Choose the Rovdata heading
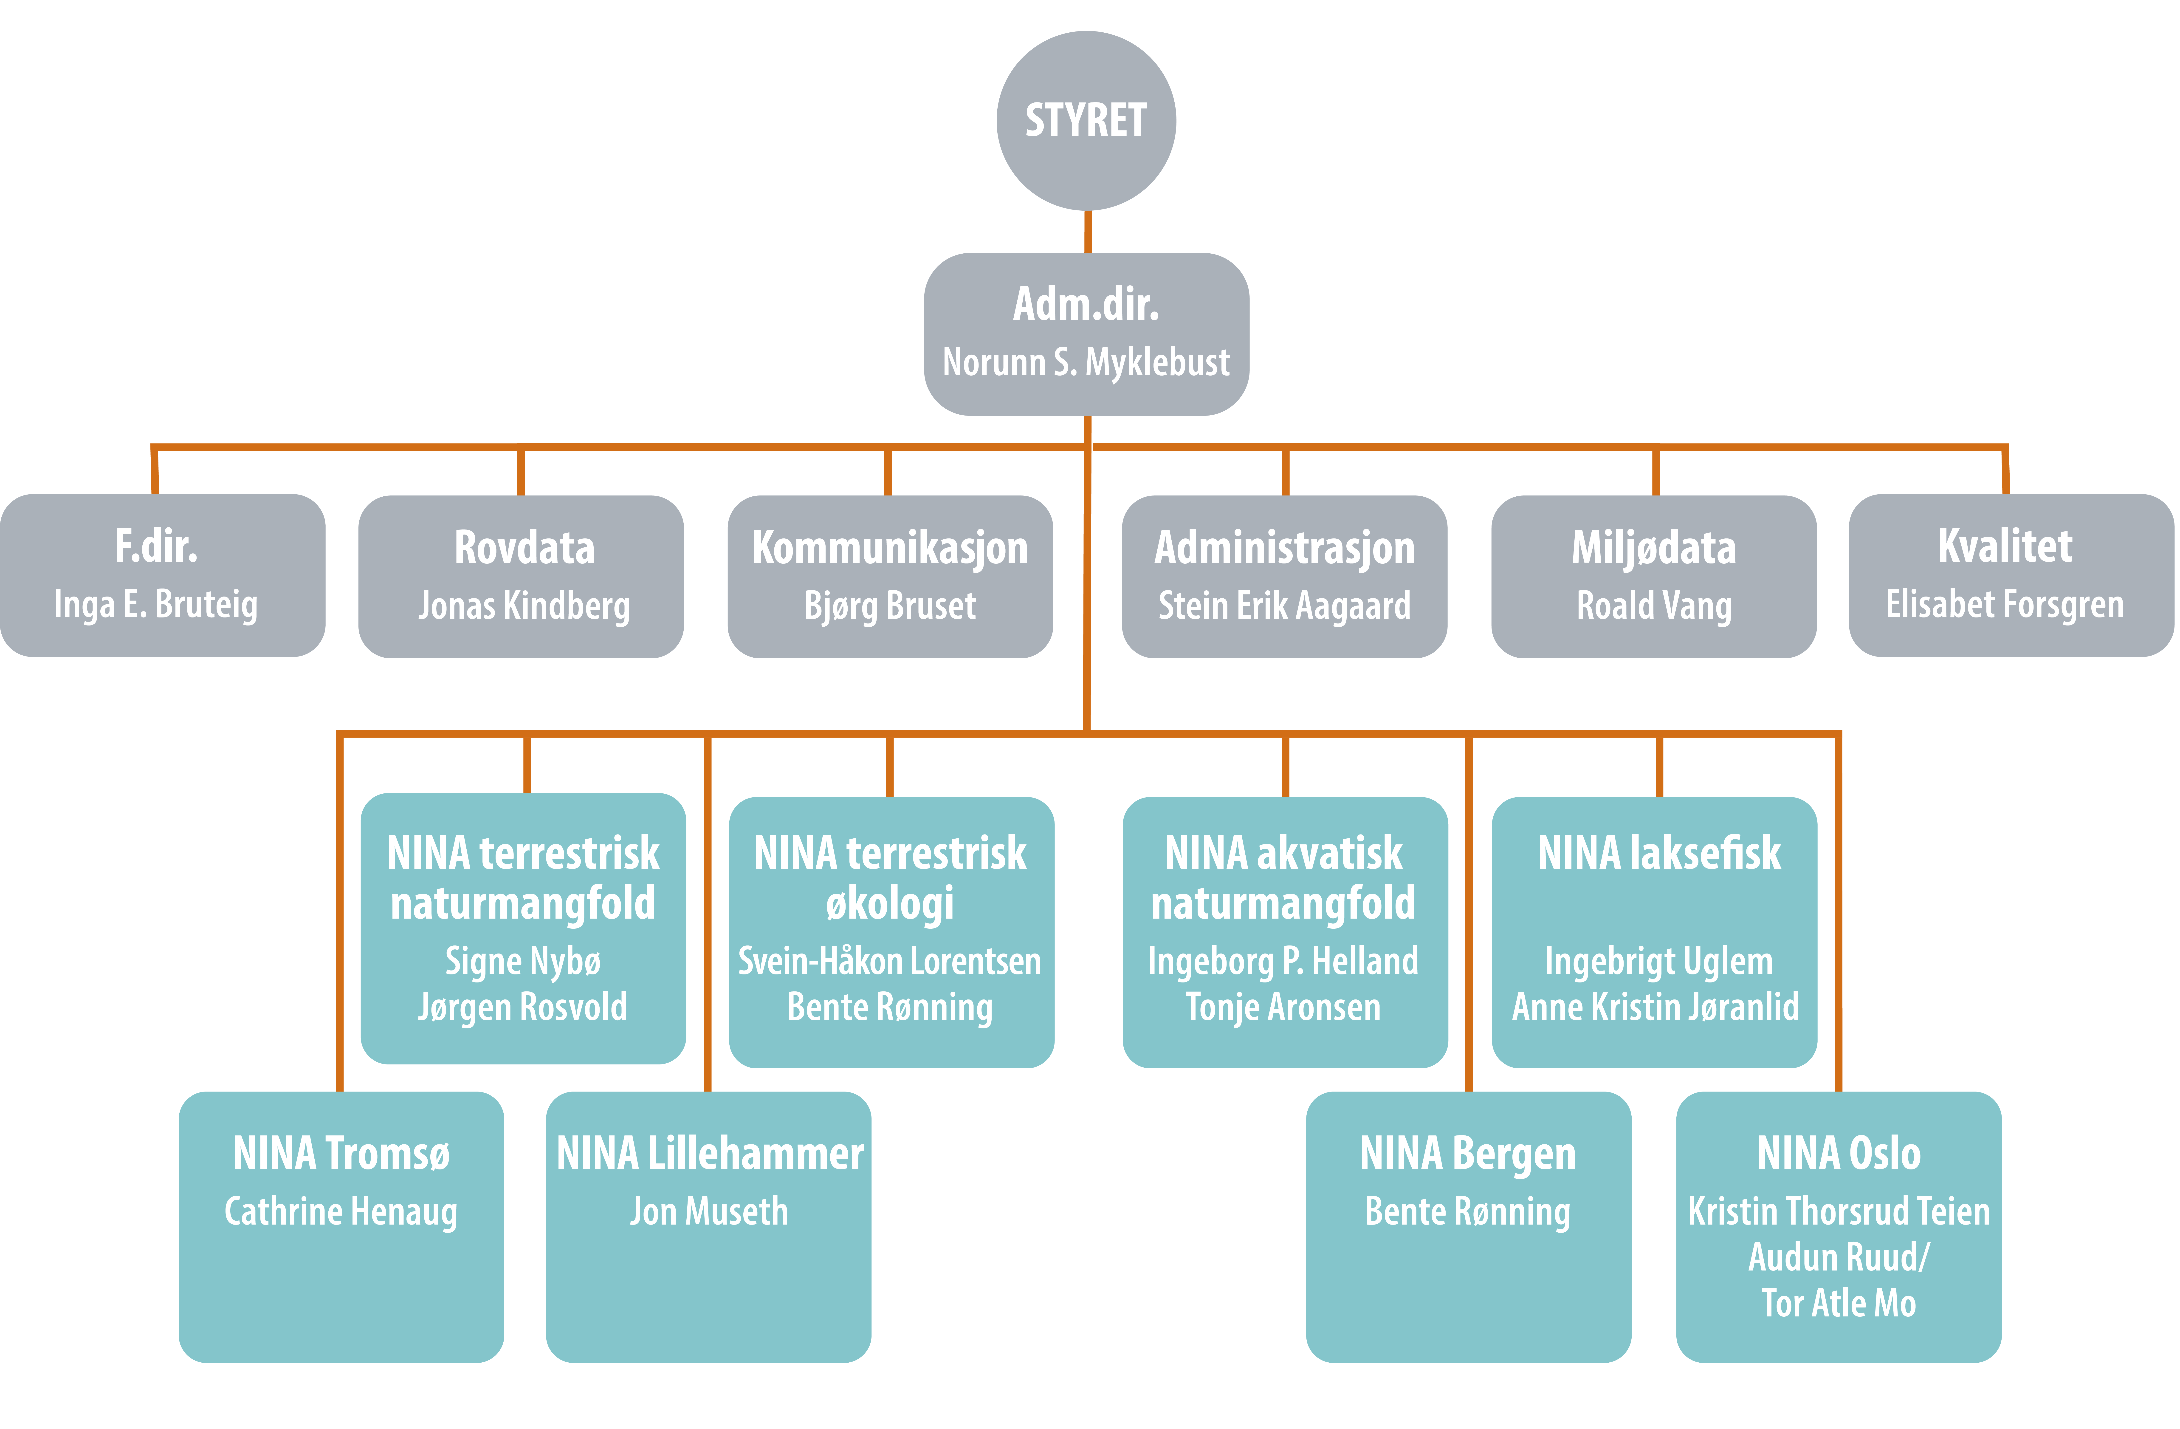pos(524,548)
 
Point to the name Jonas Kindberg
pos(524,606)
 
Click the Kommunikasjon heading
pos(889,548)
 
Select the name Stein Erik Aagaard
pos(1284,606)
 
